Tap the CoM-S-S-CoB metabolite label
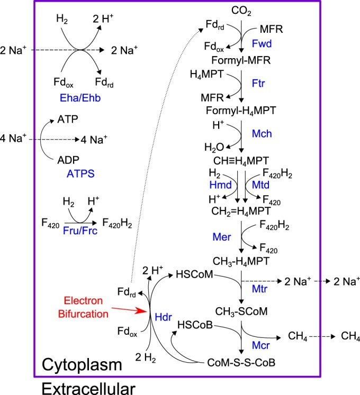(x=242, y=362)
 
